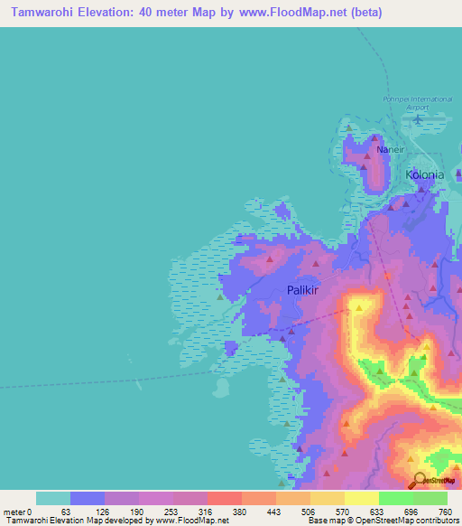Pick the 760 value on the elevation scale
(x=445, y=511)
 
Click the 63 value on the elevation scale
(x=65, y=511)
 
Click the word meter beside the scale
(x=14, y=511)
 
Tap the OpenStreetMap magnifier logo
(x=419, y=479)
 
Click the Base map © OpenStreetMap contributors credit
(x=383, y=521)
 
